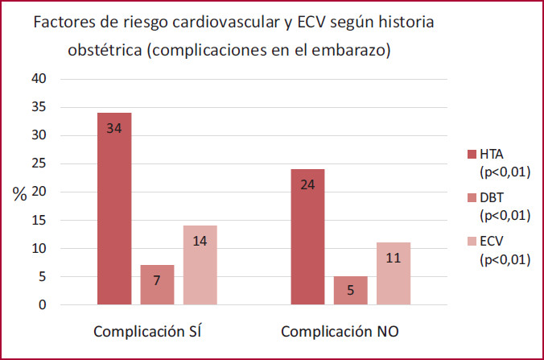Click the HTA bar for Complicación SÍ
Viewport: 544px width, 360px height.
point(114,209)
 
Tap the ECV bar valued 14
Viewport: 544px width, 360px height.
point(200,265)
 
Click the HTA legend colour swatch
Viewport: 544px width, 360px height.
point(471,155)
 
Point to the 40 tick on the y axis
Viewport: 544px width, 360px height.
point(39,79)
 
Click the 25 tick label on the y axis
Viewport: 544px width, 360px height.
point(39,164)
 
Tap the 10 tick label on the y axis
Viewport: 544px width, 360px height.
point(39,249)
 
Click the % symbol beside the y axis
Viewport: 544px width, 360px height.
point(20,193)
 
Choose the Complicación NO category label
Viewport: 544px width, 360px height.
point(340,331)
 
